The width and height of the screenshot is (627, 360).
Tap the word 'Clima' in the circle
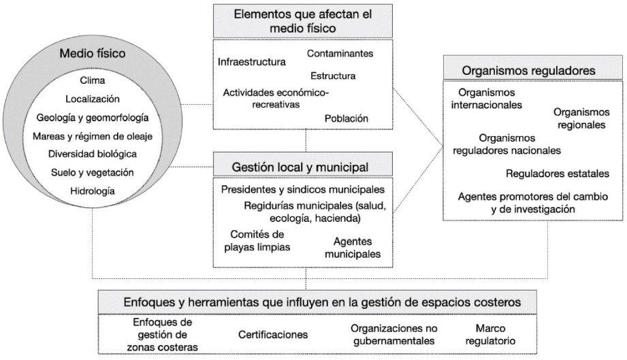coord(93,80)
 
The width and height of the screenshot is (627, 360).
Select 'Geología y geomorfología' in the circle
coord(93,117)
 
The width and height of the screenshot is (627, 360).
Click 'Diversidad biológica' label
coord(93,154)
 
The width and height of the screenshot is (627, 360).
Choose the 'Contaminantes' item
coord(340,53)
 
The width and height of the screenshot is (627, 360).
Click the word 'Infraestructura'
coord(252,62)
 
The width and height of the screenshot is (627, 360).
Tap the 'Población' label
coord(347,118)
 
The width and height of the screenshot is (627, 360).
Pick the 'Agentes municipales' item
coord(357,248)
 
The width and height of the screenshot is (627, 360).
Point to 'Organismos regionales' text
coord(581,118)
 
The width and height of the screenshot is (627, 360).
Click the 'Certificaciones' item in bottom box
coord(273,334)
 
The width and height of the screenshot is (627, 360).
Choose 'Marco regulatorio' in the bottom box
coord(487,334)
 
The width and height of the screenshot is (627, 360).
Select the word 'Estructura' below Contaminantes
coord(332,76)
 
